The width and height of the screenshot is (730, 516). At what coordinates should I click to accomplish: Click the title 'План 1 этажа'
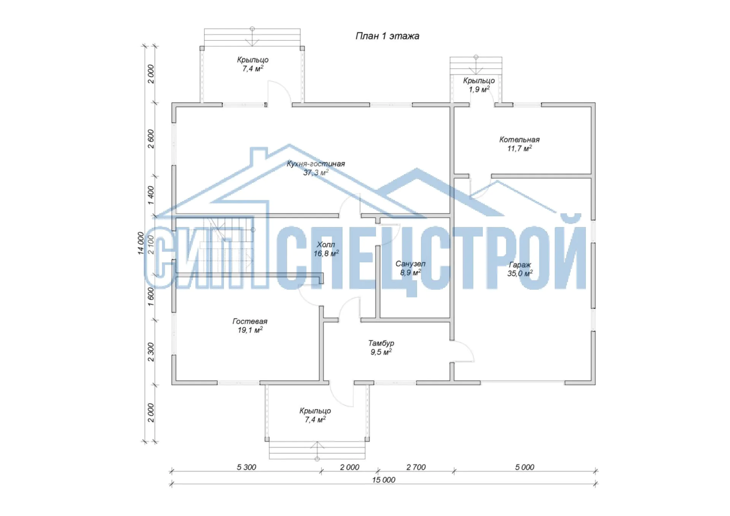(x=387, y=36)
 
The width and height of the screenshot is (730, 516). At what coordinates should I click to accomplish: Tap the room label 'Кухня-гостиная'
(x=316, y=164)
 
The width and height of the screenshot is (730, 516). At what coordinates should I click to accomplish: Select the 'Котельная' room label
(x=519, y=140)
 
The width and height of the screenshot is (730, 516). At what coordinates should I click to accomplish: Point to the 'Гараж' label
(x=520, y=265)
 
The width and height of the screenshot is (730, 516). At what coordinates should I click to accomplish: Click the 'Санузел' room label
(x=410, y=264)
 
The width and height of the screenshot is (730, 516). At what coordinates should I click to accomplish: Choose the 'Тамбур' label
(x=381, y=343)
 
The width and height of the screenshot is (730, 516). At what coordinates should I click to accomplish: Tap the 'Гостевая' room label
(x=250, y=321)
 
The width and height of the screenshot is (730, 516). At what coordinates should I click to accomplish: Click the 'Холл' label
(x=326, y=245)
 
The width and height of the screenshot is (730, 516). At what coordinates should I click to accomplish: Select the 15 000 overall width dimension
(x=384, y=480)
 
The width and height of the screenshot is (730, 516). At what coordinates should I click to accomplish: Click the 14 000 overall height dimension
(x=141, y=243)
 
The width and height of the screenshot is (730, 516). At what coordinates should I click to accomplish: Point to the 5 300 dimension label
(x=246, y=467)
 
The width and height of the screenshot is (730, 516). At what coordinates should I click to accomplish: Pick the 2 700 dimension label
(x=416, y=467)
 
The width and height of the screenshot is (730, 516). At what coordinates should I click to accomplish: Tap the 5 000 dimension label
(x=525, y=467)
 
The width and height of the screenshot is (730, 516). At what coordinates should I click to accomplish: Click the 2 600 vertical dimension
(x=151, y=139)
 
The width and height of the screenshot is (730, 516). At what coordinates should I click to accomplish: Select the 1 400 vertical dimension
(x=151, y=195)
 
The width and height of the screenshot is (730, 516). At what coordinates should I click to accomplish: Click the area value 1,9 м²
(x=479, y=89)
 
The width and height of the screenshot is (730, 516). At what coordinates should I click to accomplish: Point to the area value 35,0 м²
(x=520, y=273)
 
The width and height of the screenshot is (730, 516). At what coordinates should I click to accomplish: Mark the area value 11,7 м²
(x=519, y=148)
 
